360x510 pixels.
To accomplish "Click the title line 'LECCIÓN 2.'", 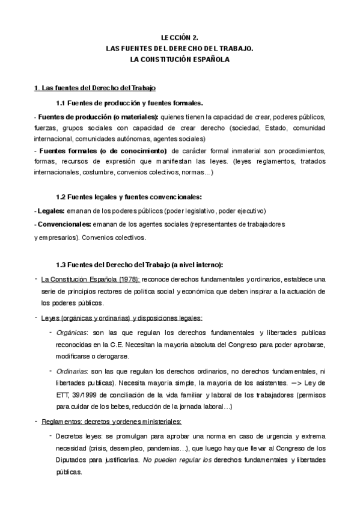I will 180,37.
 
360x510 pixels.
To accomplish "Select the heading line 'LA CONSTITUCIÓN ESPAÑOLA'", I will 180,60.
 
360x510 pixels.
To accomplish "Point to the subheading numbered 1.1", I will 129,102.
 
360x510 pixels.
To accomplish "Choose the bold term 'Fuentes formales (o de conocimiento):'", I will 103,150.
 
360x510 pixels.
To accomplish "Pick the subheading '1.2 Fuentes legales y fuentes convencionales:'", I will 129,197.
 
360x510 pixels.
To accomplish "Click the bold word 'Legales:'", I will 50,211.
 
